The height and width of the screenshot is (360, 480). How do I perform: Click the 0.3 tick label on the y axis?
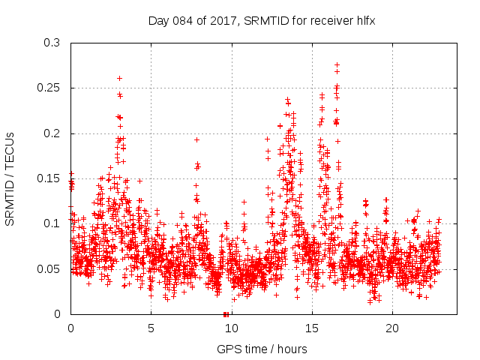[x=52, y=43]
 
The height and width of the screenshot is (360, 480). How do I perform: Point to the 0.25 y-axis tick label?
[x=49, y=88]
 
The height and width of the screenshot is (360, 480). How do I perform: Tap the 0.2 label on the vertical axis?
[x=52, y=133]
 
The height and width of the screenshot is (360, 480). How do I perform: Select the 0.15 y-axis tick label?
[x=49, y=178]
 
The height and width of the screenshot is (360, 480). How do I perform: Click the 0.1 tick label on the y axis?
[x=52, y=223]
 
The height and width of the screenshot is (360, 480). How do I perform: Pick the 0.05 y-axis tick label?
[x=49, y=268]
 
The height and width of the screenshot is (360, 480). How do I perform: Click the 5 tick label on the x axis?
[x=151, y=328]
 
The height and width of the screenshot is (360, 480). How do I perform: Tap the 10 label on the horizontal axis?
[x=231, y=328]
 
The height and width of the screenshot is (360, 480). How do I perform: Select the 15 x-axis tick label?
[x=311, y=328]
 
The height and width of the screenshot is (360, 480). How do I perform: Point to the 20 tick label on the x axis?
[x=391, y=328]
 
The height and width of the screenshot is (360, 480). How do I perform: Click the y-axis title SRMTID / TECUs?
[x=10, y=178]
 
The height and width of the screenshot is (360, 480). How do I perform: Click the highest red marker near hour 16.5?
[x=337, y=64]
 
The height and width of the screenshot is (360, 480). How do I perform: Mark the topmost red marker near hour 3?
[x=119, y=78]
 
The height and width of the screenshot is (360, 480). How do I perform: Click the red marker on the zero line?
[x=225, y=313]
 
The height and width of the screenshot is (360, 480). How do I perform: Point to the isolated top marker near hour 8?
[x=196, y=139]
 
